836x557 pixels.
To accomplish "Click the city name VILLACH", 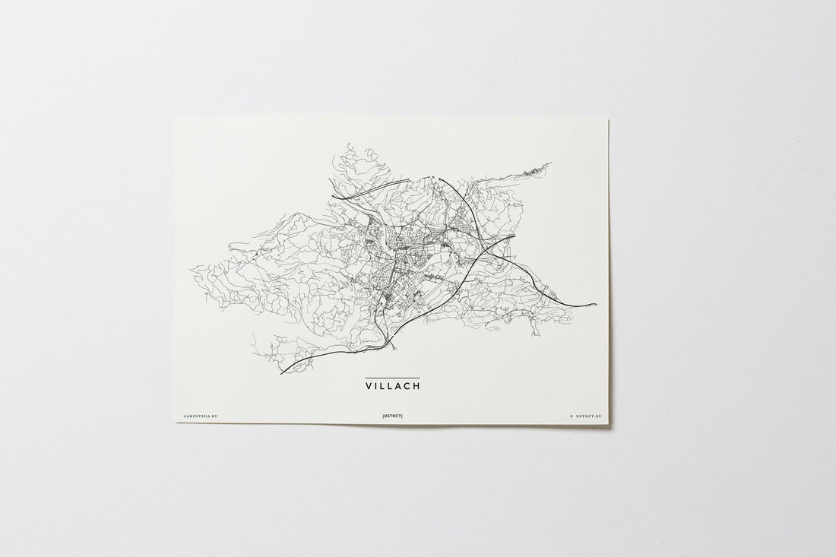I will pyautogui.click(x=392, y=386).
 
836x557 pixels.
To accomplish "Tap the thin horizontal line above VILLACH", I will pyautogui.click(x=392, y=378).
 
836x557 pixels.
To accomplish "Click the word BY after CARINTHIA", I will pyautogui.click(x=214, y=416).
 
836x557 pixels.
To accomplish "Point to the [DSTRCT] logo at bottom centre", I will pyautogui.click(x=392, y=416).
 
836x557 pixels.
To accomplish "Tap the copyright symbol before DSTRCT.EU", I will pyautogui.click(x=571, y=416).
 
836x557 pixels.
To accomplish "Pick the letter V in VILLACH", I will pyautogui.click(x=369, y=386).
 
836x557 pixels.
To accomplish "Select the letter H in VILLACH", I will pyautogui.click(x=416, y=386).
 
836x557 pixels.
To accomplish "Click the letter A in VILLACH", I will pyautogui.click(x=399, y=386).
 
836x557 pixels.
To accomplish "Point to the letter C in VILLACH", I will pyautogui.click(x=407, y=386).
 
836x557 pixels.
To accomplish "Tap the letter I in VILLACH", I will pyautogui.click(x=376, y=386).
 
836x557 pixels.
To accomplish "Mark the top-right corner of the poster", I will pyautogui.click(x=609, y=117).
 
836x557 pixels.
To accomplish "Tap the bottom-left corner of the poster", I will pyautogui.click(x=177, y=422).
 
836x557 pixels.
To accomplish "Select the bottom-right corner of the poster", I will pyautogui.click(x=609, y=423).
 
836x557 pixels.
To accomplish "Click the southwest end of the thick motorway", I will pyautogui.click(x=280, y=374).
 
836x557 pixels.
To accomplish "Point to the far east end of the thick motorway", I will pyautogui.click(x=597, y=304).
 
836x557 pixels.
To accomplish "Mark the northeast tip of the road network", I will pyautogui.click(x=551, y=163).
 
